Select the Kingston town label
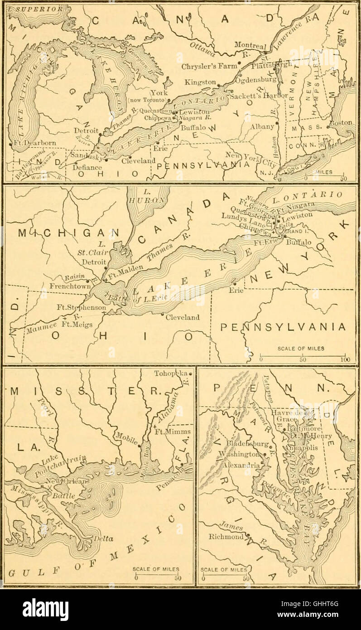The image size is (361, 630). click(200, 82)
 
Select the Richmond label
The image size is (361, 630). click(226, 537)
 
